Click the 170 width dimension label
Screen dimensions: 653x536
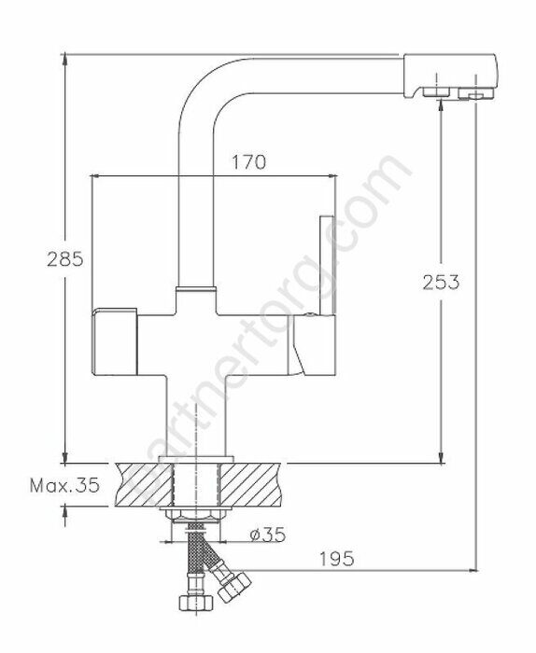click(248, 161)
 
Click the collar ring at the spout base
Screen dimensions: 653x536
click(195, 290)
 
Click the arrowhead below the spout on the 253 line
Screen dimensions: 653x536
click(441, 105)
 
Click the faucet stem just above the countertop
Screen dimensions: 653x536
click(195, 420)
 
